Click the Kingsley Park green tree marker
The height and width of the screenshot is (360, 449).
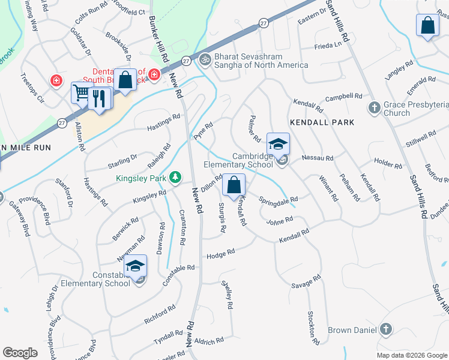click(175, 177)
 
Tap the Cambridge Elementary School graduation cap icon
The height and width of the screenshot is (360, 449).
click(279, 144)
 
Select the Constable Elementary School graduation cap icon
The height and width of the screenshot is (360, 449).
click(136, 266)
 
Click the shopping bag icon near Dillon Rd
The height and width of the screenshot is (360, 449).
click(234, 185)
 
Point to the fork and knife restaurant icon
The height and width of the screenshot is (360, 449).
click(100, 97)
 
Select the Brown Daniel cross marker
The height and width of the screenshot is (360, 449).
click(385, 329)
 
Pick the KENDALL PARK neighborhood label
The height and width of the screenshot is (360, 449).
click(322, 122)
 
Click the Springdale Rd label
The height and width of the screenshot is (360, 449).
click(279, 199)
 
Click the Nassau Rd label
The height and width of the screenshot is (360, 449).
click(321, 157)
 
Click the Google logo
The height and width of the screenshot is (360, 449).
click(20, 353)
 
